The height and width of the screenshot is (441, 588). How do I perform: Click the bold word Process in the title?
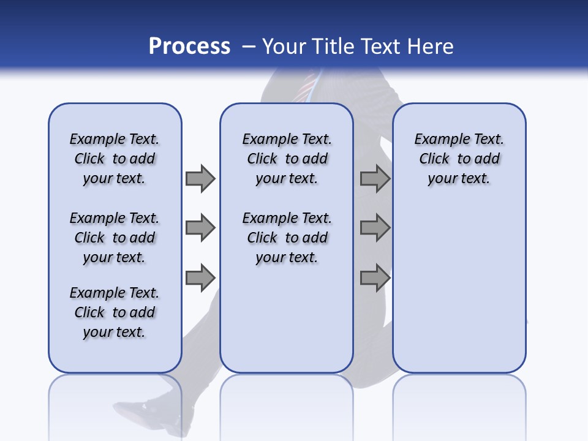(x=189, y=46)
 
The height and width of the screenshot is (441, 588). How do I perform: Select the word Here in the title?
(x=430, y=46)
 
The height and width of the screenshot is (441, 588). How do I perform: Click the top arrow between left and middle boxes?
(x=200, y=178)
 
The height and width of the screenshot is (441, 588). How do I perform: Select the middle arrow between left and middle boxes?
(x=200, y=228)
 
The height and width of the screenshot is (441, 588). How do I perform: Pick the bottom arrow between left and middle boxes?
(x=200, y=278)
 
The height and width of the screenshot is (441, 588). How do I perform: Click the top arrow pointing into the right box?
(x=375, y=178)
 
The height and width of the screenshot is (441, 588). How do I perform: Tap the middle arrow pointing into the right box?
(x=375, y=228)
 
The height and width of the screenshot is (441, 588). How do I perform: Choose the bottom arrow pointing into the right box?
(x=375, y=278)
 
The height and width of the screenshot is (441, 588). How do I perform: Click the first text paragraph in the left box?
(x=115, y=159)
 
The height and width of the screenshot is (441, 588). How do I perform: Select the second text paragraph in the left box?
(x=115, y=238)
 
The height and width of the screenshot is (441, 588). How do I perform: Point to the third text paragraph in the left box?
(x=115, y=312)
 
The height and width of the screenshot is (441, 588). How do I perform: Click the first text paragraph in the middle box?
(x=287, y=159)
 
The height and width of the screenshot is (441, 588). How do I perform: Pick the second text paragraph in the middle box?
(x=287, y=238)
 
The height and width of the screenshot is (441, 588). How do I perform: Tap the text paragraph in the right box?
(x=459, y=159)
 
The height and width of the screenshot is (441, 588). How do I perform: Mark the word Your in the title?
(x=285, y=46)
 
